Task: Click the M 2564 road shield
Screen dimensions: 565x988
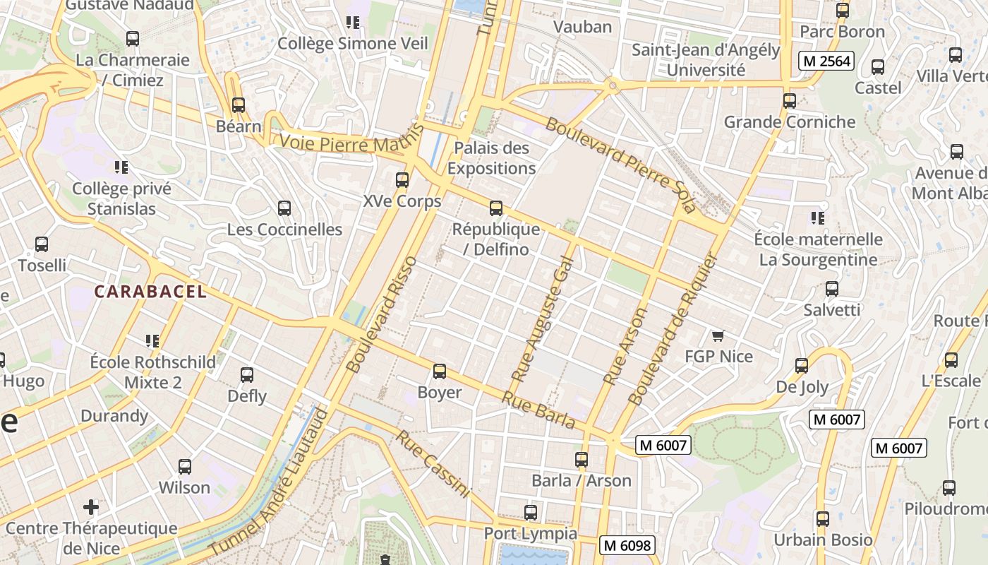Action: point(826,61)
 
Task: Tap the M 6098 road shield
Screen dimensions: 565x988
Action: point(627,545)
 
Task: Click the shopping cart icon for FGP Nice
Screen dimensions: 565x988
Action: point(718,336)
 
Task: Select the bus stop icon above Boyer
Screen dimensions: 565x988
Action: point(440,371)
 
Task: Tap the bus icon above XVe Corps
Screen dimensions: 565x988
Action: point(402,180)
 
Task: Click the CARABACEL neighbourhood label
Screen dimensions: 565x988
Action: point(150,292)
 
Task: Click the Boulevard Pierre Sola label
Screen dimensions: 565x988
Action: point(621,165)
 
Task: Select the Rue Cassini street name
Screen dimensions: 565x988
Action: point(432,463)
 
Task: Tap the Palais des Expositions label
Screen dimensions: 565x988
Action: point(492,158)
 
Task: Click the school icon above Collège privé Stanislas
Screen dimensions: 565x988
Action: point(121,167)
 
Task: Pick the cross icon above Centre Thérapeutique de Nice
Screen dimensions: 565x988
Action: point(91,507)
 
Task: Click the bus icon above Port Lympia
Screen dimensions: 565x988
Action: point(531,513)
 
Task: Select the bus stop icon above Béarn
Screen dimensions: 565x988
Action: point(239,105)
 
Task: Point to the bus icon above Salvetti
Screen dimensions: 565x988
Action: point(832,289)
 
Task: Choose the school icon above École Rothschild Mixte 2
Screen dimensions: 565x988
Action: point(152,341)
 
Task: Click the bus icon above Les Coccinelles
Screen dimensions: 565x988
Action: point(284,208)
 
